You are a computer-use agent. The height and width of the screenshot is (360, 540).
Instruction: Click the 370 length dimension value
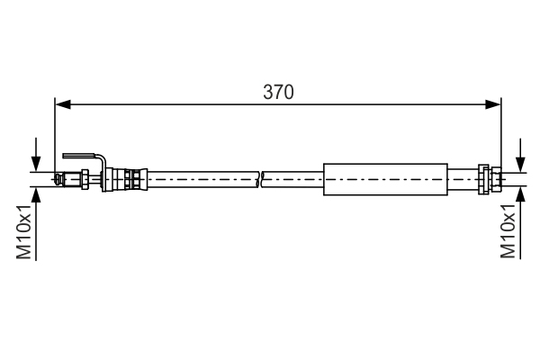(278, 92)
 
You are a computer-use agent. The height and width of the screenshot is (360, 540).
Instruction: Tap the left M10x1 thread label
(24, 231)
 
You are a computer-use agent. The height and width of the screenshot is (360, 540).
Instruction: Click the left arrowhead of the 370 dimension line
(63, 104)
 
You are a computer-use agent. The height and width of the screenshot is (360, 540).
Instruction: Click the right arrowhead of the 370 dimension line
(493, 104)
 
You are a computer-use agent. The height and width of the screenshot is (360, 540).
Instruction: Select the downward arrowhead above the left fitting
(36, 164)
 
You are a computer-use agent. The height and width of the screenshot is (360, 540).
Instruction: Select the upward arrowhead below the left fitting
(36, 194)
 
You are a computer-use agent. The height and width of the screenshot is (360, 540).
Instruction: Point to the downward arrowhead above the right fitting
(521, 165)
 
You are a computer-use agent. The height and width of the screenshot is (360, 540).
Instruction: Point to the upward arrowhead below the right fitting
(521, 194)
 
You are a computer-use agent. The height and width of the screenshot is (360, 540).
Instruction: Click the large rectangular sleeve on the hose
(385, 179)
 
